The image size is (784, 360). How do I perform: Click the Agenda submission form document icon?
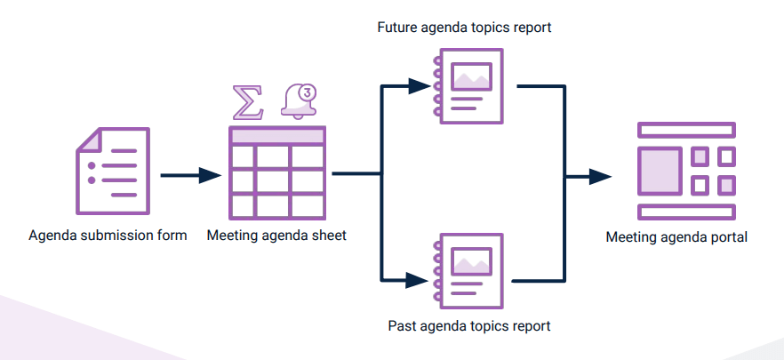pos(112,171)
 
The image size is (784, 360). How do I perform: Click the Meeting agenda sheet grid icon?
pos(276,172)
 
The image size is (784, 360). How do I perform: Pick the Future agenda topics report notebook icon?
pos(468,85)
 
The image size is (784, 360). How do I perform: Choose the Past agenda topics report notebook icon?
pos(468,268)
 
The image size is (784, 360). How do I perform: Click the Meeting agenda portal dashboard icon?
pos(686,170)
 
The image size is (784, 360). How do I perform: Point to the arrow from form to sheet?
pos(190,175)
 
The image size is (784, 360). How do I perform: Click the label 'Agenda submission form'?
pos(108,236)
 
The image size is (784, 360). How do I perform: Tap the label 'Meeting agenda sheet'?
pos(276,236)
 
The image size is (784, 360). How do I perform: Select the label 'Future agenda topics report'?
pos(464,28)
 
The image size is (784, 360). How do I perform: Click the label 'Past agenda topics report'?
pos(469,326)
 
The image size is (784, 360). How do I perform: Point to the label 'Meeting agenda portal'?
pos(676,237)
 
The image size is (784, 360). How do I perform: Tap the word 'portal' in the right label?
pos(729,237)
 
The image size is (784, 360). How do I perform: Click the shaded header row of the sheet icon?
pos(276,136)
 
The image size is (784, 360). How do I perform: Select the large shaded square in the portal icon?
pos(660,170)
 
